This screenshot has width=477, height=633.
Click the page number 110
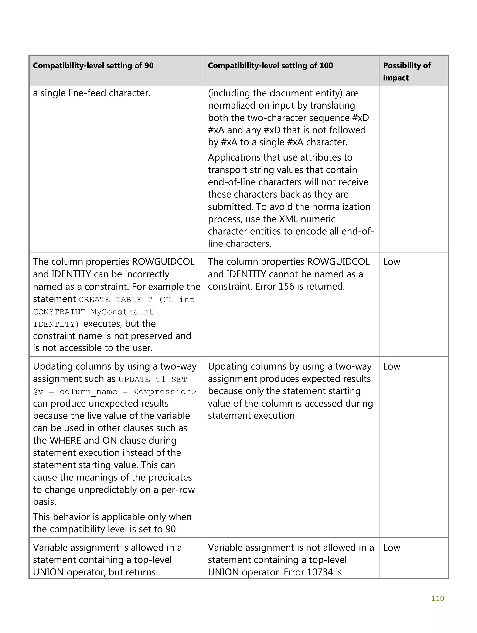pos(437,598)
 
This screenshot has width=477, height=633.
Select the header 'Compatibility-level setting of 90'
pos(93,65)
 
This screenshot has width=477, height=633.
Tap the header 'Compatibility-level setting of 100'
pos(270,65)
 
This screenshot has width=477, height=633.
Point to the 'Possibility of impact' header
pos(407,72)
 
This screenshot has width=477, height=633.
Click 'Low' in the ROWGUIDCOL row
pos(392,262)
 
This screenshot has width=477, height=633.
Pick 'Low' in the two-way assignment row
pos(392,366)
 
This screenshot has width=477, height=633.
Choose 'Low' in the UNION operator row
pos(392,547)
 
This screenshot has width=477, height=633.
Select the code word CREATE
pos(94,300)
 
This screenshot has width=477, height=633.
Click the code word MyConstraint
pos(122,312)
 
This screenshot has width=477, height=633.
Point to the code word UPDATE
pos(134,380)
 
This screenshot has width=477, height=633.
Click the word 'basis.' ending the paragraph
pos(45,502)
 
